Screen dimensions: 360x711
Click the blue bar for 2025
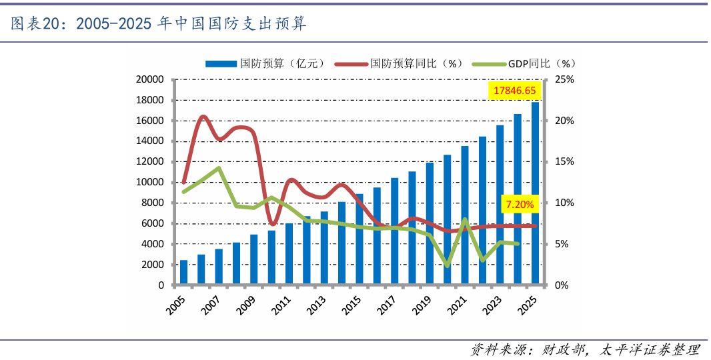(x=535, y=193)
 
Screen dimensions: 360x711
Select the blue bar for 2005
(x=183, y=273)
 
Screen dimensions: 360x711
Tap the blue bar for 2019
(x=430, y=224)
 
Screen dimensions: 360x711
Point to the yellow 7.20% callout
(x=520, y=204)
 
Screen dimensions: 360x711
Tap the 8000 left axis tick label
(x=152, y=203)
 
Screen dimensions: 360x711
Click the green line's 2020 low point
(x=447, y=265)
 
